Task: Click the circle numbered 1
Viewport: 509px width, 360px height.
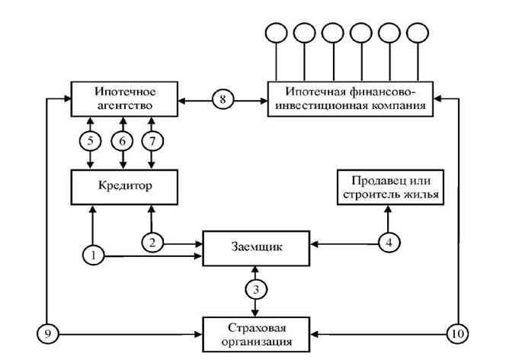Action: [93, 256]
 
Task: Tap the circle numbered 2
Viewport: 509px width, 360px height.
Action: [152, 243]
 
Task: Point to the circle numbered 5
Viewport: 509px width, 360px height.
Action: [91, 140]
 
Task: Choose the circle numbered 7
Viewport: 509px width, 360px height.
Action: [151, 140]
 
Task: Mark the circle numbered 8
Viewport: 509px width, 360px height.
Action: [223, 99]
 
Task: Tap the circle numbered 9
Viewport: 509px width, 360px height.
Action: [47, 333]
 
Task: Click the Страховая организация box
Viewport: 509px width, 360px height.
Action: [254, 333]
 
